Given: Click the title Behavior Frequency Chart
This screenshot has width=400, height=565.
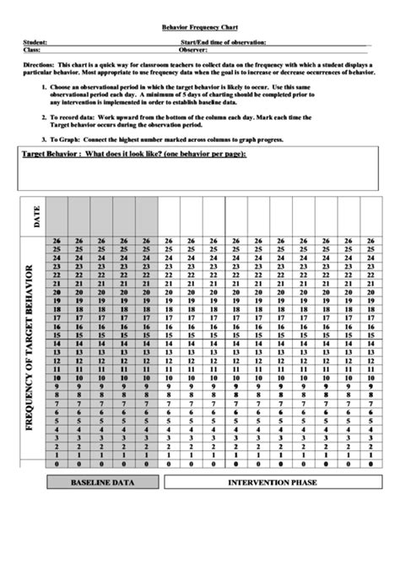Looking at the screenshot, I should coord(201,27).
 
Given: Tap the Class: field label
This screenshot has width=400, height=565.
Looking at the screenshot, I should coord(31,50).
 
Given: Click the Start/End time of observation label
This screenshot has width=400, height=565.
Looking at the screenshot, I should coord(224,41).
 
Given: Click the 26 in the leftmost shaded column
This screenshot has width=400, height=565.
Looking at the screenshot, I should coord(57,241).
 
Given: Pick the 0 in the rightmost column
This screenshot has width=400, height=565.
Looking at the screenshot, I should coord(370,463).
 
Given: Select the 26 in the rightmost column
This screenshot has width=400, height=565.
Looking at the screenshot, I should coord(370,241).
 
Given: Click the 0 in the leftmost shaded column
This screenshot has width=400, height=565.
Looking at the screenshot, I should coord(57,463).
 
